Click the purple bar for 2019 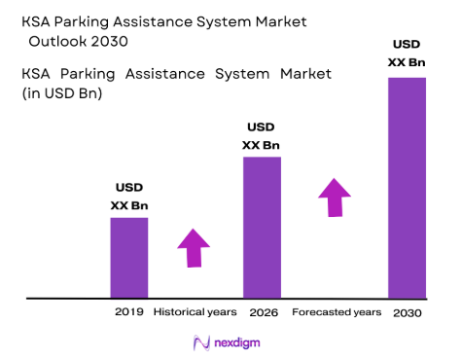click(128, 257)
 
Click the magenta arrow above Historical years click(194, 248)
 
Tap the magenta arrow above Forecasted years click(335, 198)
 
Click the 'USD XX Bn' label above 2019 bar click(128, 197)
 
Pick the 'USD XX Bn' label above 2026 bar click(261, 136)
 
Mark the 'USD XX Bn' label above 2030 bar click(407, 53)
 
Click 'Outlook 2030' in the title click(77, 42)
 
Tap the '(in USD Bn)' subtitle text click(62, 93)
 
